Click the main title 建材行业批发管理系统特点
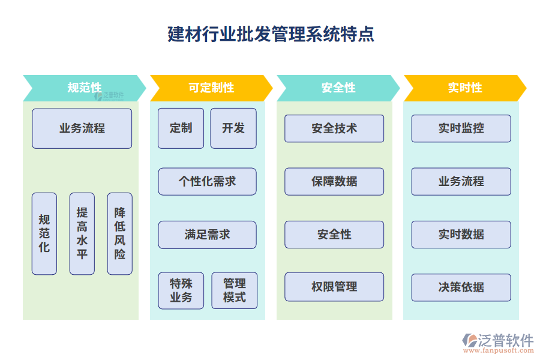click(271, 34)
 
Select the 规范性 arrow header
click(84, 88)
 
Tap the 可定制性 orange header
click(211, 88)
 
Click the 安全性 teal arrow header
click(338, 88)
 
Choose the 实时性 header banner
click(464, 88)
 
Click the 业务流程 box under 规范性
click(82, 128)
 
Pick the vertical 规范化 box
click(44, 233)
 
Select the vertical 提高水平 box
click(82, 233)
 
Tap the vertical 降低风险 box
click(119, 233)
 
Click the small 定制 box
click(181, 128)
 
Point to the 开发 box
click(233, 128)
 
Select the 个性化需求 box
click(207, 182)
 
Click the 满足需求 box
click(207, 235)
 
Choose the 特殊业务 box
click(181, 291)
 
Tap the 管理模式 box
click(234, 291)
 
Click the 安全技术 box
click(334, 128)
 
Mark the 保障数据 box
click(334, 182)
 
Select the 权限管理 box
click(334, 287)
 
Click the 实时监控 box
click(461, 128)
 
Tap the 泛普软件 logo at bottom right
click(497, 342)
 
